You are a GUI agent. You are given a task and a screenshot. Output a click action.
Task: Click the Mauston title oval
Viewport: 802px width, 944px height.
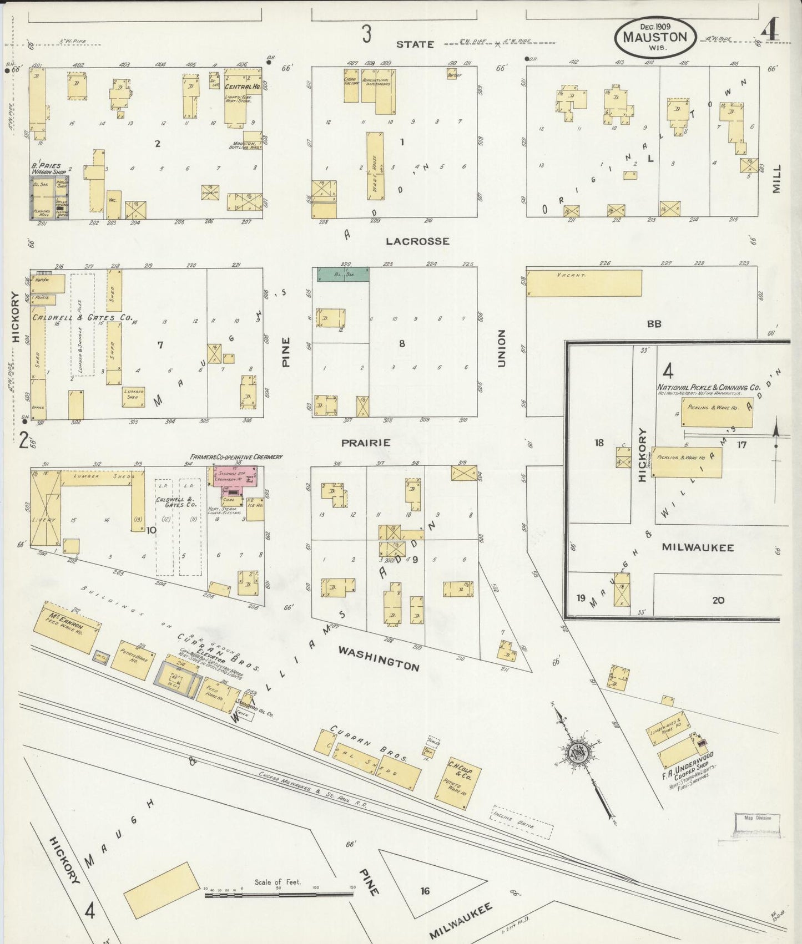point(654,37)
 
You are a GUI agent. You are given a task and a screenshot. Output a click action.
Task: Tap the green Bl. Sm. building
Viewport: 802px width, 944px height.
point(343,274)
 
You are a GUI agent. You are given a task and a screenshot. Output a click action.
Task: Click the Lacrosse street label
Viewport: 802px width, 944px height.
point(417,241)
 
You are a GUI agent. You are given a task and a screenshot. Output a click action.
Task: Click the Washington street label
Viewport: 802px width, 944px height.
point(379,658)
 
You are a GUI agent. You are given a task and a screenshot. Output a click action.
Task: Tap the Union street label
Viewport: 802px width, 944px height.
point(502,348)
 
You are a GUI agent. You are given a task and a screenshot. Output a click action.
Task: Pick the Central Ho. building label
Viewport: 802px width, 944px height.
point(242,87)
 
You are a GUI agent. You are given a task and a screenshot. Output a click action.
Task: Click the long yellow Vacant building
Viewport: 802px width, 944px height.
point(583,283)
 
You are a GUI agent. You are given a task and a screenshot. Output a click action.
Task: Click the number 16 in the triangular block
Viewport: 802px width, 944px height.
point(425,891)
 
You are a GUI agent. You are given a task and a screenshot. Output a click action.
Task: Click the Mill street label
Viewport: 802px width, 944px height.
point(776,178)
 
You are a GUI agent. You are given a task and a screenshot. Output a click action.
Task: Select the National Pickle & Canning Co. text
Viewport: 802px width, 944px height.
point(709,388)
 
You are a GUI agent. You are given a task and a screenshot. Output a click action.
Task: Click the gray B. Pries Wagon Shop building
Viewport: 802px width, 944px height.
point(49,197)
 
